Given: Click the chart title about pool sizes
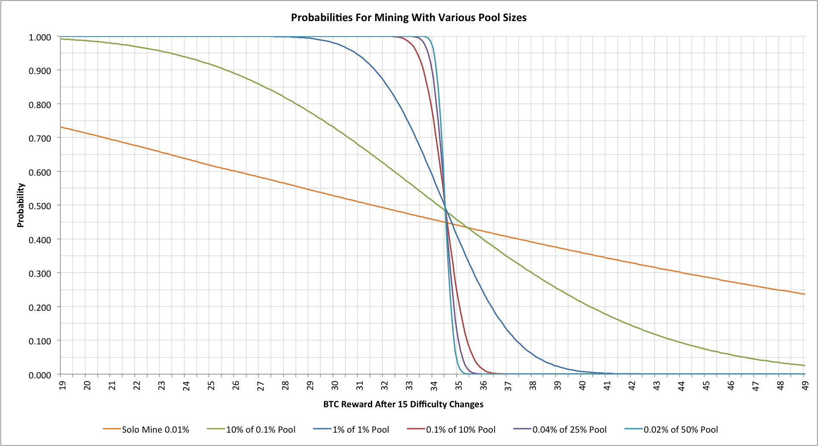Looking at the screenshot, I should tap(408, 18).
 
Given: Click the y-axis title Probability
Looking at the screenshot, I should tap(21, 205).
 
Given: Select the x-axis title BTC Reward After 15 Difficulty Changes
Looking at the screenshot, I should tap(403, 404).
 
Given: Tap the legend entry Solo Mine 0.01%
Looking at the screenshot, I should tap(156, 430).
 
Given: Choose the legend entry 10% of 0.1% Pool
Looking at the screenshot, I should tap(261, 430).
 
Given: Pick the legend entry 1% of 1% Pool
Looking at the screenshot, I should tap(361, 430).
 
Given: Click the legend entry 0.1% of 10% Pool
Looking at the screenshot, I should tap(460, 430).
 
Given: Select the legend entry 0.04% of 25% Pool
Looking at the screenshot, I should tap(569, 430).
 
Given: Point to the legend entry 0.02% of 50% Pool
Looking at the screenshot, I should tap(681, 430).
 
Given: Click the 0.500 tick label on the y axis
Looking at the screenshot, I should tap(40, 206).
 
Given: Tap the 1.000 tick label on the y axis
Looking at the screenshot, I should tap(40, 37).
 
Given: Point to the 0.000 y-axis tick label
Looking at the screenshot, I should tap(40, 375).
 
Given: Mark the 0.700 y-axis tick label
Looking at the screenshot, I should tap(40, 138).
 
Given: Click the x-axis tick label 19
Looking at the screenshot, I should tap(62, 385).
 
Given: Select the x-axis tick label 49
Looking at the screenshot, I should tap(805, 385).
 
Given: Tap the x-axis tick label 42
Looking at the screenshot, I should tap(631, 385).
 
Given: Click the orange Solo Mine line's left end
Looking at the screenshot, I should tap(61, 127).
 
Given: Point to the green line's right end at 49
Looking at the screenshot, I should tap(804, 365).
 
